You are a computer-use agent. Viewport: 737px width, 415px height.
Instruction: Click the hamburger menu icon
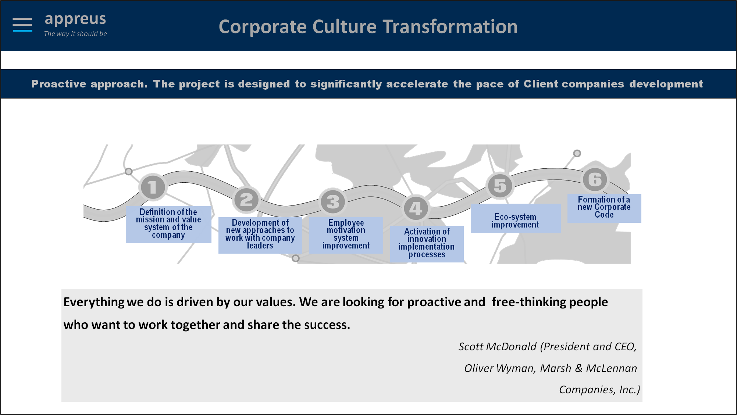22,25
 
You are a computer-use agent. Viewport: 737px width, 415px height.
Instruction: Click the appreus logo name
75,19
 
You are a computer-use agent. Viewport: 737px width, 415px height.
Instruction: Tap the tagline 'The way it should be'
75,33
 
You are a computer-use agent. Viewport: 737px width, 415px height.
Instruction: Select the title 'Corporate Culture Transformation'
368,27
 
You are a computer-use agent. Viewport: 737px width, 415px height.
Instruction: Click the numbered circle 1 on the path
153,187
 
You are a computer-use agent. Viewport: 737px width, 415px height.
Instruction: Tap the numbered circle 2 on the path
246,200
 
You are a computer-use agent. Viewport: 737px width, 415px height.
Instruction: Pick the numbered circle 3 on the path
333,201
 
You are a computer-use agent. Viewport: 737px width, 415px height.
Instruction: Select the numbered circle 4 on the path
416,208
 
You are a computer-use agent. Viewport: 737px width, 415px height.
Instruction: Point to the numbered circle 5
500,186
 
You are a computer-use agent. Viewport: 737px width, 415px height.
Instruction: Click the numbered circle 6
595,180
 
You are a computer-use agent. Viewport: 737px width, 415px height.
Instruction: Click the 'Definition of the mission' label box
168,224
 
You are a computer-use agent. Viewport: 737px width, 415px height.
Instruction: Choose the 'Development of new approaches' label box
260,235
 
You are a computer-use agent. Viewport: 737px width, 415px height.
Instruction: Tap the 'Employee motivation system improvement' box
346,235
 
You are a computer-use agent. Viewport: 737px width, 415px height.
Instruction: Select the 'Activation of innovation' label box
427,244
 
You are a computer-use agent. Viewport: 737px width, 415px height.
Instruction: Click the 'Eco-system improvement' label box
516,218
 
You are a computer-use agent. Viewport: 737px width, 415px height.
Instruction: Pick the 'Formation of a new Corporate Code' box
604,208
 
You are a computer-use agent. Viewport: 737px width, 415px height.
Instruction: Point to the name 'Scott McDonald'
498,347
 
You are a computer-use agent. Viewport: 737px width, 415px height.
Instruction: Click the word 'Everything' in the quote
94,302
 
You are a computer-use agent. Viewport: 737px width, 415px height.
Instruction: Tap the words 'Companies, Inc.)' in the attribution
599,390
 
